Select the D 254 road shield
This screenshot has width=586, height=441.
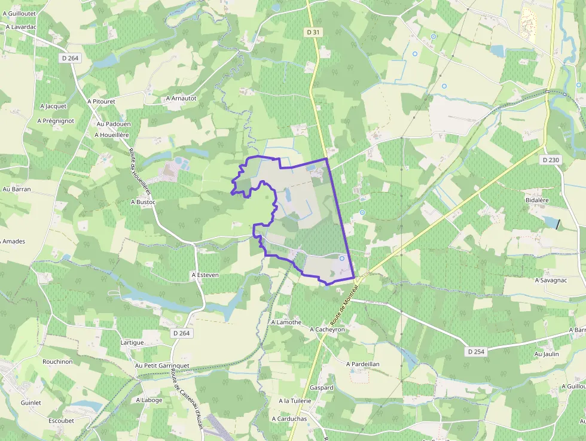[476, 351]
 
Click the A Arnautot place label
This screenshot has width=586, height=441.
[181, 98]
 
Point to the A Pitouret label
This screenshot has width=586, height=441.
[100, 102]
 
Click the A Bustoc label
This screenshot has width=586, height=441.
[143, 202]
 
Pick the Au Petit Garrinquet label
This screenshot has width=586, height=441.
[162, 365]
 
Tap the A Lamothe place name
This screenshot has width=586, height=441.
[286, 322]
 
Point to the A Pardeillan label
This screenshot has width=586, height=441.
[363, 363]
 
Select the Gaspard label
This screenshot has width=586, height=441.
[322, 387]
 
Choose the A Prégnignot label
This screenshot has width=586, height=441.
[55, 120]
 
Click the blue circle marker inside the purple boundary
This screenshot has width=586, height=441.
[342, 258]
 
